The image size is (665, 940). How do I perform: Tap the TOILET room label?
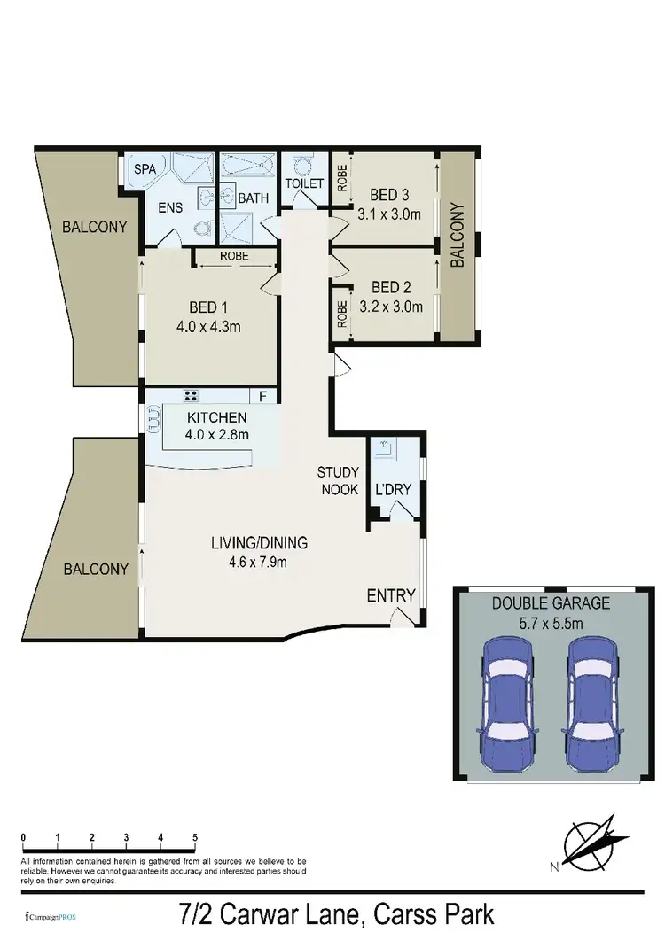[302, 183]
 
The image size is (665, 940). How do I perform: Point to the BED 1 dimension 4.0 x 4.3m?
[208, 327]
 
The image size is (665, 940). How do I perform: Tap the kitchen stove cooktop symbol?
[191, 395]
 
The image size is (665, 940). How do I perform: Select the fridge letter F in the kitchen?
[262, 396]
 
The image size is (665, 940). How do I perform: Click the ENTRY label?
[391, 595]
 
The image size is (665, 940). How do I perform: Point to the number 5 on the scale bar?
[194, 836]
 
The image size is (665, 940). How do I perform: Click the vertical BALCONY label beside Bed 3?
[458, 236]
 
